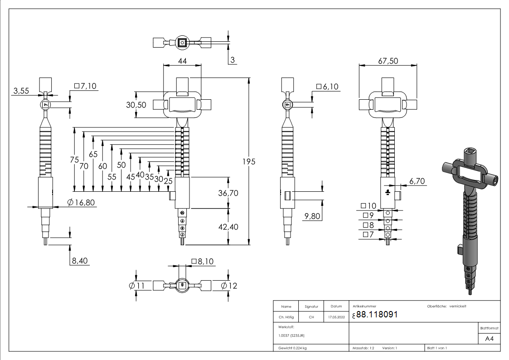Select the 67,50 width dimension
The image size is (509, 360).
click(x=388, y=61)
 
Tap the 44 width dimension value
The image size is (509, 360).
click(x=182, y=61)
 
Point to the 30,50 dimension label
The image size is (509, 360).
click(x=136, y=105)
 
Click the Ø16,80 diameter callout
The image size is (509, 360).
click(x=81, y=203)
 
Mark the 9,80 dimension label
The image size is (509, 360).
click(x=312, y=216)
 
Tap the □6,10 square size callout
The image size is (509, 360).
click(x=328, y=86)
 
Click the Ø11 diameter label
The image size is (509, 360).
click(x=136, y=286)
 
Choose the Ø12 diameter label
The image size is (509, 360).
click(x=229, y=286)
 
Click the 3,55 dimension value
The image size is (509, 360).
click(x=21, y=91)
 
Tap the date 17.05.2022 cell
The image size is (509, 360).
click(x=336, y=317)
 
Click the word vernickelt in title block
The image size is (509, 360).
click(x=458, y=306)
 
